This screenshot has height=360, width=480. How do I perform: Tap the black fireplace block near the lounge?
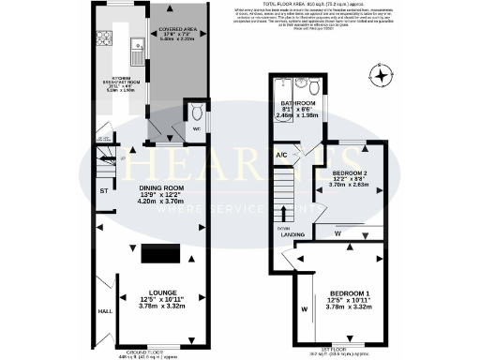click(160, 254)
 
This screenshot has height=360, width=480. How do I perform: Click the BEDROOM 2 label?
click(352, 173)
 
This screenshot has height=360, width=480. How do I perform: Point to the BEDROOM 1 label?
click(352, 294)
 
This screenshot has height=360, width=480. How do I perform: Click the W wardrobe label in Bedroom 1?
click(305, 306)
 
